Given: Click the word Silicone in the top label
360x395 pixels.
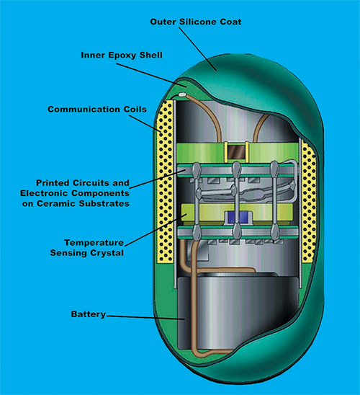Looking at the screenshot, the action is click(x=199, y=22).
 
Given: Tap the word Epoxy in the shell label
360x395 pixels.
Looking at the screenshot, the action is click(x=122, y=56).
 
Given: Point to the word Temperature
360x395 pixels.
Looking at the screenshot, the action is click(x=94, y=243).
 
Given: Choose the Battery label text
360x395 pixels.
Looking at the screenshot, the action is click(x=89, y=314).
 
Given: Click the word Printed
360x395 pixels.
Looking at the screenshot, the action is click(x=53, y=183).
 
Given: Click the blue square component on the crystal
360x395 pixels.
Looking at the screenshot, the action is click(x=238, y=217).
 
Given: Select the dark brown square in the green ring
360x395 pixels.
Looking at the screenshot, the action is click(x=236, y=152).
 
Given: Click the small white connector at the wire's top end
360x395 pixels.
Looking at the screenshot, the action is click(x=182, y=94).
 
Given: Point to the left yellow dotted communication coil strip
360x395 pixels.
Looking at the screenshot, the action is click(x=165, y=181).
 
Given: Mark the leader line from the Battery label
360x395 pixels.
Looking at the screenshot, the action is click(x=145, y=317).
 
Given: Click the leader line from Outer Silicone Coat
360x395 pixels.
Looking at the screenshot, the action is click(x=197, y=49).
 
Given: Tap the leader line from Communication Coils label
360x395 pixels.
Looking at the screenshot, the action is click(x=145, y=124).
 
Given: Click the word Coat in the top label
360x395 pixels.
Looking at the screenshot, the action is click(x=231, y=22).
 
